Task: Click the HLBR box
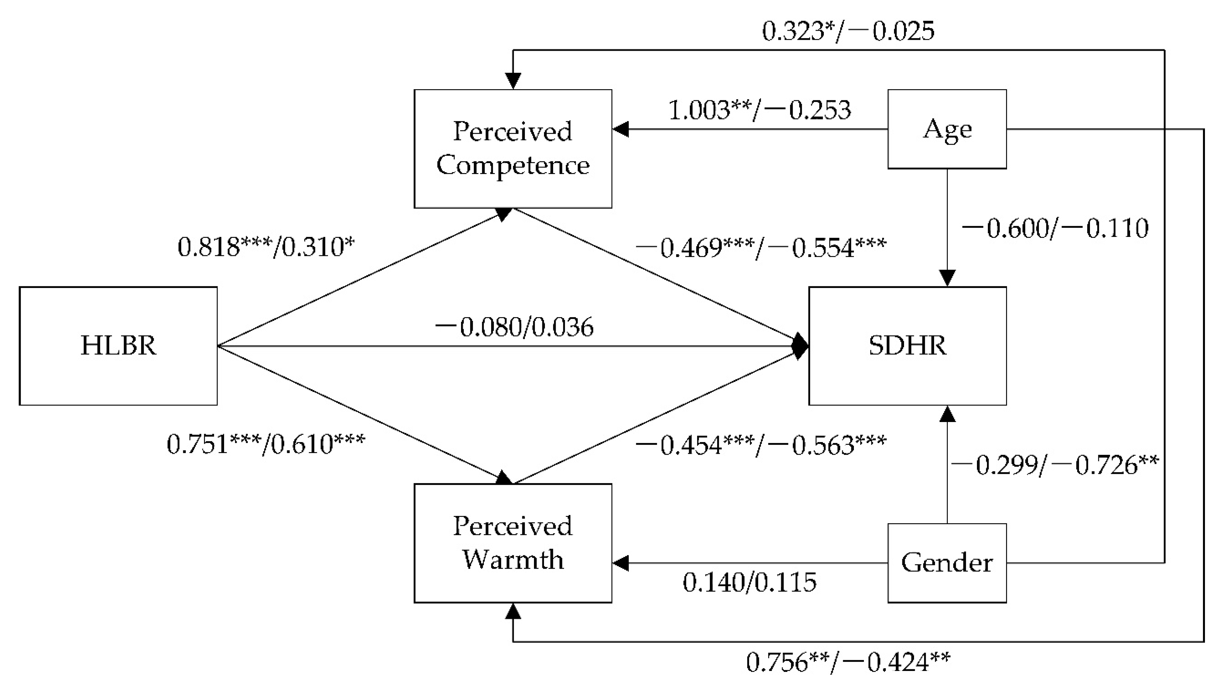pyautogui.click(x=118, y=346)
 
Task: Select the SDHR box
pyautogui.click(x=907, y=346)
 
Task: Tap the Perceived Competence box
pyautogui.click(x=513, y=148)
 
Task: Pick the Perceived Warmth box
pyautogui.click(x=513, y=543)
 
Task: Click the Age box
pyautogui.click(x=947, y=129)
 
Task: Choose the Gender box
pyautogui.click(x=947, y=563)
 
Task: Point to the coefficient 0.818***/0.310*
pyautogui.click(x=266, y=247)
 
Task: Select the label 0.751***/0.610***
pyautogui.click(x=266, y=444)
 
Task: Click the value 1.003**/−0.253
pyautogui.click(x=760, y=110)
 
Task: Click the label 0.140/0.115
pyautogui.click(x=750, y=582)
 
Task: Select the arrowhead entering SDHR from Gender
pyautogui.click(x=947, y=414)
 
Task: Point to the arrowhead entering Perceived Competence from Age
pyautogui.click(x=620, y=129)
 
